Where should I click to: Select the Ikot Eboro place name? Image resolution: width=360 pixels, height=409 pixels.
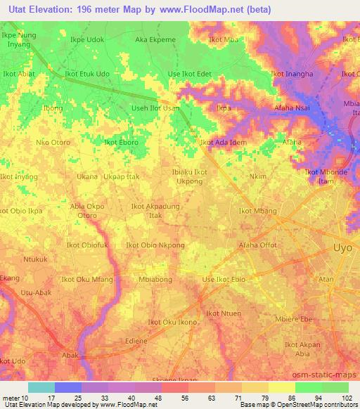pyautogui.click(x=121, y=142)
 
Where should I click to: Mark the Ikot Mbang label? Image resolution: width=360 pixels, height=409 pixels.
pyautogui.click(x=258, y=211)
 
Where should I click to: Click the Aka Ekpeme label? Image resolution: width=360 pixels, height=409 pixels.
pyautogui.click(x=156, y=40)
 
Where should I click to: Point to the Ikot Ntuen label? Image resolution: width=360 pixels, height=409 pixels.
pyautogui.click(x=223, y=313)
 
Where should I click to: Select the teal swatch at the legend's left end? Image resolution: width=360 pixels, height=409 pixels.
pyautogui.click(x=41, y=387)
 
